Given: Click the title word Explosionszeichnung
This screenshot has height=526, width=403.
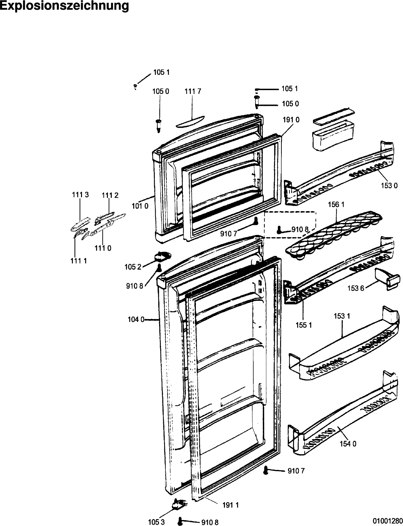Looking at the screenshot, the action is point(64,6).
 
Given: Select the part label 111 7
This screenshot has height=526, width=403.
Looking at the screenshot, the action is point(193,92).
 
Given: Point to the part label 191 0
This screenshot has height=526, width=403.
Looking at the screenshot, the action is point(291,120).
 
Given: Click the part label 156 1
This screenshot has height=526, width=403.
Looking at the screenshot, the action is point(336,204).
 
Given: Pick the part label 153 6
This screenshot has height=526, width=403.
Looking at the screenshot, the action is point(356,289).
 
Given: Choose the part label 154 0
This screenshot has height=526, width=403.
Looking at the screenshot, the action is point(348,444).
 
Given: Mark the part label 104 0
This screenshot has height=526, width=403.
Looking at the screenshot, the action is point(136,320).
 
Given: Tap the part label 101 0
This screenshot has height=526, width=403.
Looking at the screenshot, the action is point(140,206).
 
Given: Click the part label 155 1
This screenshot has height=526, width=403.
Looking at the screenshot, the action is point(303,325).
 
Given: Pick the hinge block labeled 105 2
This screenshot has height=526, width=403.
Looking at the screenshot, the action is point(162,256).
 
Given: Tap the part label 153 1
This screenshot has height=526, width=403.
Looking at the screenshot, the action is point(342,316).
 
